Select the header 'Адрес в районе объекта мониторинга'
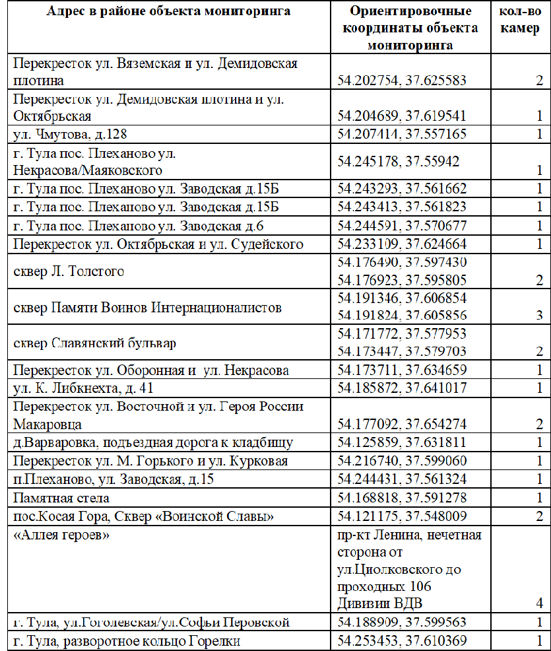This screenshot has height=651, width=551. point(168,12)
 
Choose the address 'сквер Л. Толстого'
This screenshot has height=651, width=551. point(69,271)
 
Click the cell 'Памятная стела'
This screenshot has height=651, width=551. point(61,498)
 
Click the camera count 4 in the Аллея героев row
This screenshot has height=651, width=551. point(538,603)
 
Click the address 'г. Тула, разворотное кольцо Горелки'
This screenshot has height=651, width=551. point(127,640)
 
